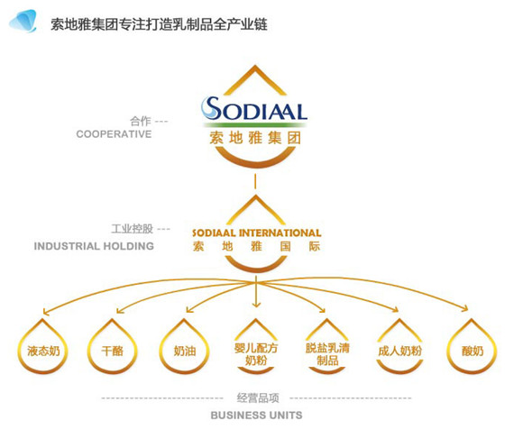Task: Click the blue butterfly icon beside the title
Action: point(23,22)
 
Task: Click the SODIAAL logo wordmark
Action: point(254,109)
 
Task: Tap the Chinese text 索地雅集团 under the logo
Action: point(255,138)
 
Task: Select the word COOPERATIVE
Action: point(114,134)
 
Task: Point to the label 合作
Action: point(141,121)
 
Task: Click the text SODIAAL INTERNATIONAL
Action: point(256,233)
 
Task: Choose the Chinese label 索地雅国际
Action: point(256,246)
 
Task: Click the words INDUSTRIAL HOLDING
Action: point(94,246)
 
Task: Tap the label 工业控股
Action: point(132,229)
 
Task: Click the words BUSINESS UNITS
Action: point(256,415)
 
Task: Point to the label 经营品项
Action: point(258,397)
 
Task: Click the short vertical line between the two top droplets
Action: point(255,181)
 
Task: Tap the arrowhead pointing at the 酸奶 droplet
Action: point(465,308)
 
